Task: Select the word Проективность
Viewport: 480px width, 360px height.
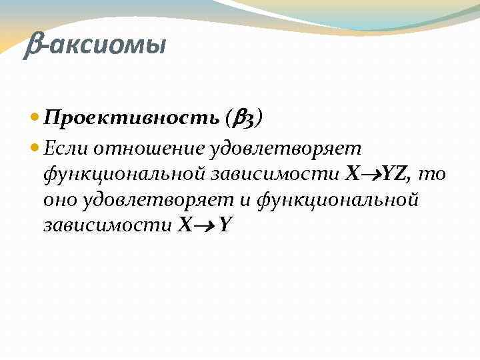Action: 131,118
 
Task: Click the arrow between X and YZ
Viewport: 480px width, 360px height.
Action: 370,174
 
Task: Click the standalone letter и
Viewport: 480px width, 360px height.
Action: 248,199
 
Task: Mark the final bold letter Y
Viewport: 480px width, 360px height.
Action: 225,225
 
